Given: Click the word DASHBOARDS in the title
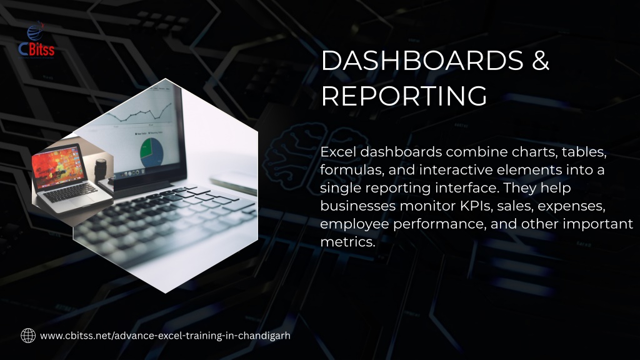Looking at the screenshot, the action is [422, 61].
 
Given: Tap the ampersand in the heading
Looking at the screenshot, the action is [541, 61].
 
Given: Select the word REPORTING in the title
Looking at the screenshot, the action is [404, 96].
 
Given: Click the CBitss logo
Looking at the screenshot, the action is [36, 39].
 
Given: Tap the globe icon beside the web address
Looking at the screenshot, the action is [28, 336].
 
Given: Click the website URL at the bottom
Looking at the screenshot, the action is [165, 336].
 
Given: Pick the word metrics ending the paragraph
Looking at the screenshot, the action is [347, 242].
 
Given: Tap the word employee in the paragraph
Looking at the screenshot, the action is [355, 224].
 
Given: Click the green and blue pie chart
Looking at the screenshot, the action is [151, 152].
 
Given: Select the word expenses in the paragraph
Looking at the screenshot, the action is [571, 206].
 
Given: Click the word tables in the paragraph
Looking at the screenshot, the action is [584, 152].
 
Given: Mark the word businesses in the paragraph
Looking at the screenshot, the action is [358, 206].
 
